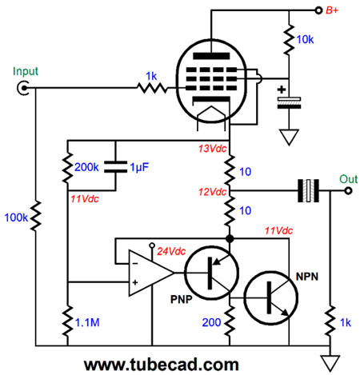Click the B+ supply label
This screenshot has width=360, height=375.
click(x=332, y=10)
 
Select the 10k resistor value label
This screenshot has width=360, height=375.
click(x=306, y=40)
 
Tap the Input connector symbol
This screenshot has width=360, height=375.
click(x=23, y=88)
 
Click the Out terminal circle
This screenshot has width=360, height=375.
click(x=348, y=191)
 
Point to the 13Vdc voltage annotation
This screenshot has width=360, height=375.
click(x=212, y=149)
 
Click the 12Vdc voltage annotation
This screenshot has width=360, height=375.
click(x=212, y=192)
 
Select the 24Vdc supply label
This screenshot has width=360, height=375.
click(x=171, y=251)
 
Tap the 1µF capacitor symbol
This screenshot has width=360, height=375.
click(x=115, y=167)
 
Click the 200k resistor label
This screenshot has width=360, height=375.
click(x=86, y=167)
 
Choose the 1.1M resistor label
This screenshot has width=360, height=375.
click(x=87, y=322)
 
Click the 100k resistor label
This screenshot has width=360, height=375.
click(x=16, y=217)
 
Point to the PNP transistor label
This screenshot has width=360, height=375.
click(x=182, y=300)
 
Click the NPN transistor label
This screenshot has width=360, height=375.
click(x=307, y=277)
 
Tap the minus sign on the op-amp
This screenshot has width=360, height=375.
click(x=135, y=264)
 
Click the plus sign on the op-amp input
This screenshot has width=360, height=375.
click(x=135, y=282)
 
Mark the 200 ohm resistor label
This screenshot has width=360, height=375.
click(x=211, y=322)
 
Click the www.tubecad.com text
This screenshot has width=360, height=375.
click(x=162, y=365)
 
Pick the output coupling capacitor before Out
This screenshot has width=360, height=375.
click(x=308, y=191)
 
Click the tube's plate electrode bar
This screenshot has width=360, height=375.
click(x=211, y=56)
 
